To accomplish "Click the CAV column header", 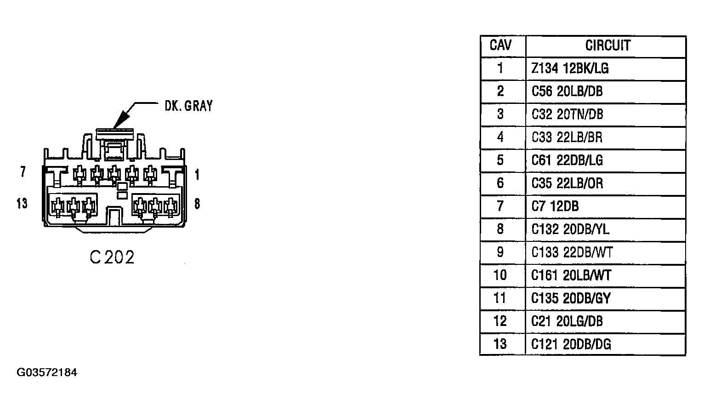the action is pyautogui.click(x=500, y=45).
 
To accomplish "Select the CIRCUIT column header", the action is pyautogui.click(x=608, y=46).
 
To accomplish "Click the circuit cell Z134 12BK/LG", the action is pyautogui.click(x=570, y=68).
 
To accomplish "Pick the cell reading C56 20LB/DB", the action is pyautogui.click(x=567, y=91).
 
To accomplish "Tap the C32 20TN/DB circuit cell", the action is pyautogui.click(x=567, y=114).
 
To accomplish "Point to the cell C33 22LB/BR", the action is pyautogui.click(x=567, y=137).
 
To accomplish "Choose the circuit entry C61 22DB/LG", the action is pyautogui.click(x=567, y=160).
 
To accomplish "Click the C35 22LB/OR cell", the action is pyautogui.click(x=567, y=183).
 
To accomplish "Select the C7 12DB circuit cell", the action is pyautogui.click(x=555, y=206).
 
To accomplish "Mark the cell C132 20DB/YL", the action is pyautogui.click(x=570, y=229).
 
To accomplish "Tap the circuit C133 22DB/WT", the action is pyautogui.click(x=572, y=252).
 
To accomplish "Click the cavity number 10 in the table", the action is pyautogui.click(x=500, y=275).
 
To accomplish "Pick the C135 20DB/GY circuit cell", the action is pyautogui.click(x=571, y=298).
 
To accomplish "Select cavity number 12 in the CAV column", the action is pyautogui.click(x=500, y=321).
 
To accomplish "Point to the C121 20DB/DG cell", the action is pyautogui.click(x=571, y=344).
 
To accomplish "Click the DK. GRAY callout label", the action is pyautogui.click(x=188, y=106).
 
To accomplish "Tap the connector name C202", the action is pyautogui.click(x=112, y=257).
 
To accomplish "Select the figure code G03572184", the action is pyautogui.click(x=47, y=372).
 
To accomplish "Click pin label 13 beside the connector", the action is pyautogui.click(x=22, y=204).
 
